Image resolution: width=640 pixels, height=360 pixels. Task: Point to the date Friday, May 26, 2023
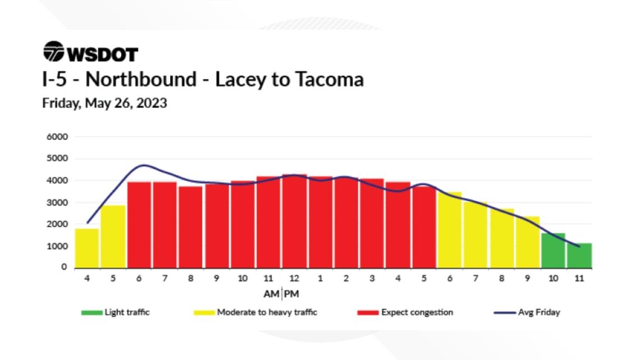[x=104, y=104]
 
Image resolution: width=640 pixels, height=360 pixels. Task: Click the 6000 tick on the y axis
[x=58, y=136]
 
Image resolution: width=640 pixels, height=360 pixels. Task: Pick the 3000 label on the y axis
[x=58, y=202]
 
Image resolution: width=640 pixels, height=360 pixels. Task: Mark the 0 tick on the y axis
[x=65, y=268]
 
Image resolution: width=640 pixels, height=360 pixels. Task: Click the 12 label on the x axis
[x=294, y=278]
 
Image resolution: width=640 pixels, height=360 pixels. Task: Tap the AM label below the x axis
[x=271, y=294]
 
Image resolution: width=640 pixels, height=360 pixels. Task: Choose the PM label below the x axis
[x=292, y=294]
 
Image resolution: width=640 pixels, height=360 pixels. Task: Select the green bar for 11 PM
[x=579, y=256]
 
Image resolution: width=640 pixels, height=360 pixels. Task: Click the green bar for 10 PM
[x=553, y=251]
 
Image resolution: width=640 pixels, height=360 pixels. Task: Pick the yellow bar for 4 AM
[x=87, y=248]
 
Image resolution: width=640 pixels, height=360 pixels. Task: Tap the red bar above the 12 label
[x=294, y=222]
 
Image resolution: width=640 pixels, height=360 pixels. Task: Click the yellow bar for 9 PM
[x=527, y=243]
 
